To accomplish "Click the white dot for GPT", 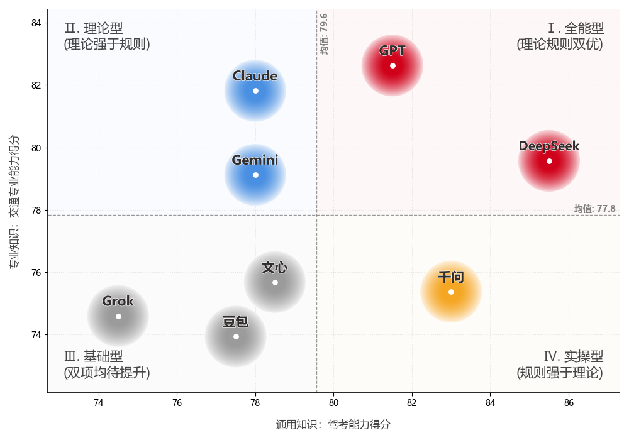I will [x=392, y=65].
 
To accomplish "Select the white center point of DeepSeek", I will [x=549, y=161].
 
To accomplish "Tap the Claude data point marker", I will [x=255, y=91].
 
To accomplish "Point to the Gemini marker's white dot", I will [x=255, y=175].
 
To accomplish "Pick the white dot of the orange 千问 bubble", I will [x=451, y=292].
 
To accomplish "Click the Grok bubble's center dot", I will [x=118, y=316].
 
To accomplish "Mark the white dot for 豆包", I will [x=236, y=336].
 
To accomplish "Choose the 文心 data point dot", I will [x=275, y=282].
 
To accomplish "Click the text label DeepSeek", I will [x=548, y=146].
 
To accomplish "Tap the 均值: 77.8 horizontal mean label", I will [x=594, y=209].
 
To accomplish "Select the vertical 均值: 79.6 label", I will [x=324, y=34].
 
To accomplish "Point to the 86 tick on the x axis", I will [x=569, y=402].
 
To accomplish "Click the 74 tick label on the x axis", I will [x=99, y=402].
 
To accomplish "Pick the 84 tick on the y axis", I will [x=36, y=23].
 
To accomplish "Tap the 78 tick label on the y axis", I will [x=36, y=210].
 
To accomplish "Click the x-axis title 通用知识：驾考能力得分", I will [x=333, y=425].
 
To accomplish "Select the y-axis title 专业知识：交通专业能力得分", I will [x=14, y=201].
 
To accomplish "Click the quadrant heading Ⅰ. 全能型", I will [x=576, y=28].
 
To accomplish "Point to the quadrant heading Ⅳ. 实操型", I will [x=573, y=357].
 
